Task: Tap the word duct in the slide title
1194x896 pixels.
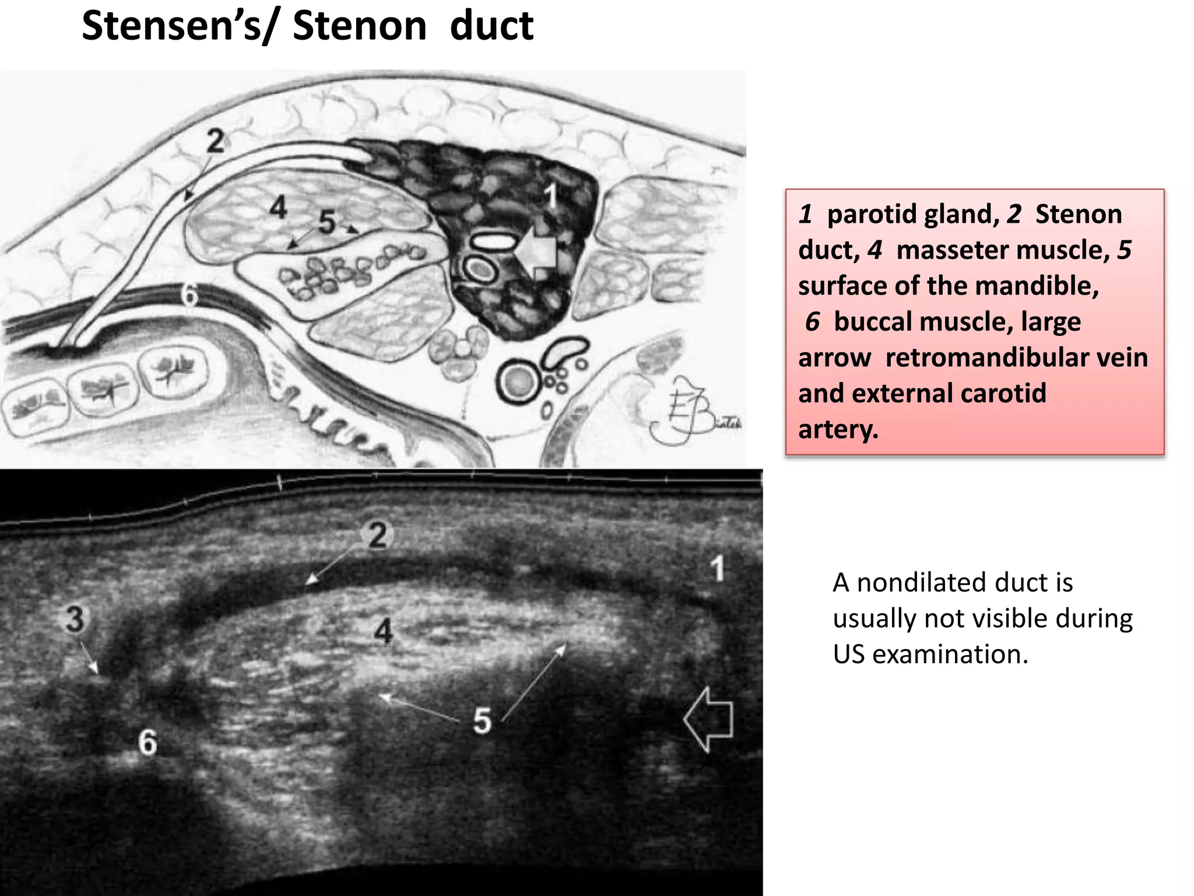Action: coord(491,27)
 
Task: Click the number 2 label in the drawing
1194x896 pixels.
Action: coord(215,141)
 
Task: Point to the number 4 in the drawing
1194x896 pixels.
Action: coord(278,207)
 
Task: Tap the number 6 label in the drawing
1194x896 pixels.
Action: coord(189,295)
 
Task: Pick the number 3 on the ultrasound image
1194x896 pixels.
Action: coord(75,619)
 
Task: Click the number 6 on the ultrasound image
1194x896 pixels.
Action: coord(148,743)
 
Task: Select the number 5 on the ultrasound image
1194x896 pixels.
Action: coord(482,720)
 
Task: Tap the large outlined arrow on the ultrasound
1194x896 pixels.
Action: coord(708,719)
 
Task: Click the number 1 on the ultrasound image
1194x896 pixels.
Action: coord(717,568)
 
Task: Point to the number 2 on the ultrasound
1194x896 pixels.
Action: coord(378,535)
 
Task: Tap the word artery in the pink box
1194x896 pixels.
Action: coord(837,429)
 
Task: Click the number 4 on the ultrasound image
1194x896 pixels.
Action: coord(383,631)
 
